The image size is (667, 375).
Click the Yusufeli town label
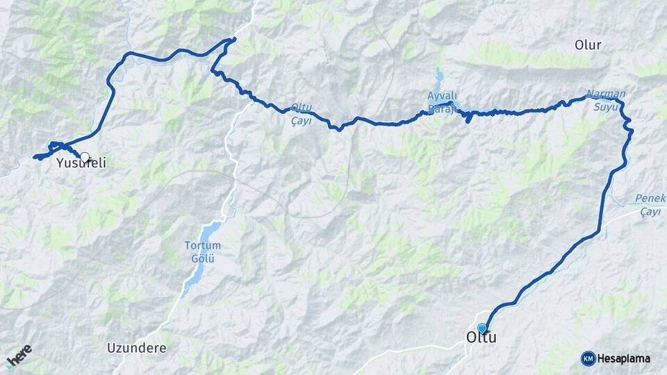coord(81,165)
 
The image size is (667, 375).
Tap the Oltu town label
coord(480,338)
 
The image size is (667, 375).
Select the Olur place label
coord(588,45)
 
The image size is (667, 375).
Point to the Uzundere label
coord(137,347)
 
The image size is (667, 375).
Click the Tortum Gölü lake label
coord(202,251)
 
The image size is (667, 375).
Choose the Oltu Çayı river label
coord(302,114)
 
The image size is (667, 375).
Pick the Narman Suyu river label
coord(606,100)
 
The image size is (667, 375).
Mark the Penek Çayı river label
coord(650,204)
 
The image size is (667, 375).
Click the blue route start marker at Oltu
coord(482,328)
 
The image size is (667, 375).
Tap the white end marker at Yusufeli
coord(85,158)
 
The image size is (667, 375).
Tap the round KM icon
coord(588,358)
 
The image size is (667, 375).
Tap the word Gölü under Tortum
coord(202,258)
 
